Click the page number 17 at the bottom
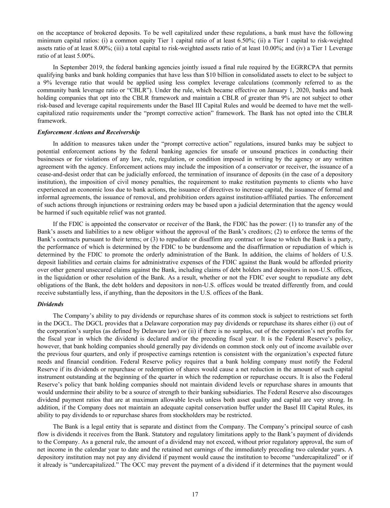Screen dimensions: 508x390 tap(195, 494)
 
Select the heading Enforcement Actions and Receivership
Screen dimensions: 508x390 tap(89, 132)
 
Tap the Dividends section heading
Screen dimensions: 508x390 tap(51, 304)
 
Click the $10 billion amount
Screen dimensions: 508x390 tap(194, 75)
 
